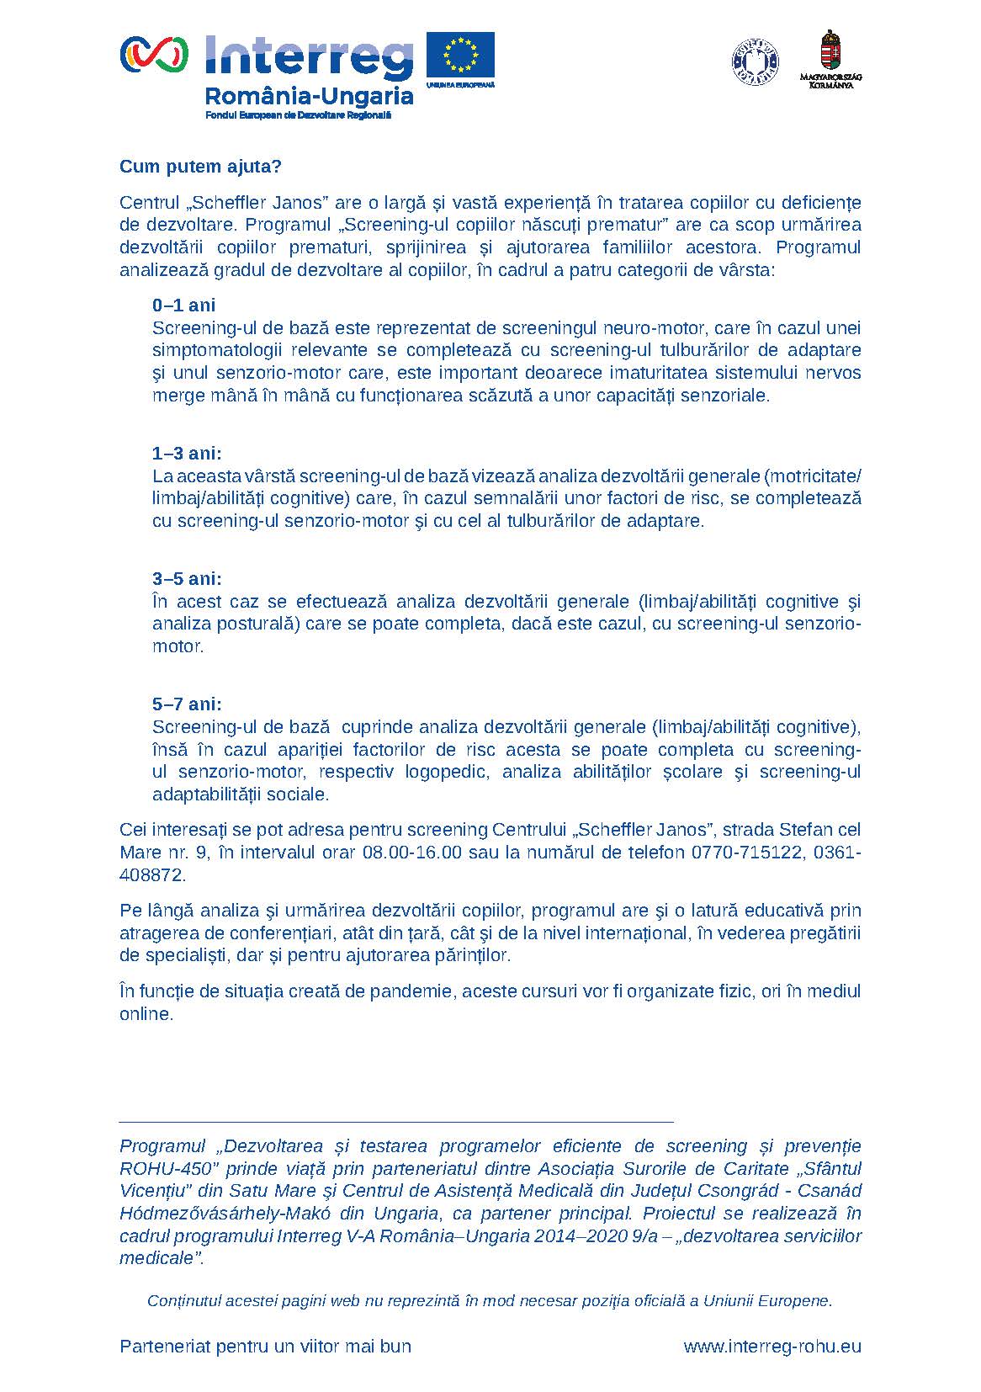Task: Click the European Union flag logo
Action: pyautogui.click(x=460, y=56)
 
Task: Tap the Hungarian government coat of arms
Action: pyautogui.click(x=830, y=52)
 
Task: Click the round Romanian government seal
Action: pyautogui.click(x=755, y=61)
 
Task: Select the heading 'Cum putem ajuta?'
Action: pyautogui.click(x=200, y=167)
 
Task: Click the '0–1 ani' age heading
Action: pyautogui.click(x=183, y=305)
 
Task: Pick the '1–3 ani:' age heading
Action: pyautogui.click(x=187, y=454)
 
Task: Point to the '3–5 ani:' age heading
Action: pyautogui.click(x=187, y=579)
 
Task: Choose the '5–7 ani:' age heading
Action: pyautogui.click(x=187, y=704)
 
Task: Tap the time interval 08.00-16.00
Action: pyautogui.click(x=412, y=853)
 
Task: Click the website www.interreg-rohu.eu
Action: pyautogui.click(x=772, y=1347)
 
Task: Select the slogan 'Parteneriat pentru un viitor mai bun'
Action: pyautogui.click(x=265, y=1347)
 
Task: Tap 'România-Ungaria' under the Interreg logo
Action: pyautogui.click(x=309, y=96)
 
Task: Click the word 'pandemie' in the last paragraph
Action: pyautogui.click(x=416, y=991)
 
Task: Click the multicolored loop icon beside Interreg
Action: pyautogui.click(x=154, y=55)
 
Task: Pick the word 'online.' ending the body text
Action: pyautogui.click(x=146, y=1014)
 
